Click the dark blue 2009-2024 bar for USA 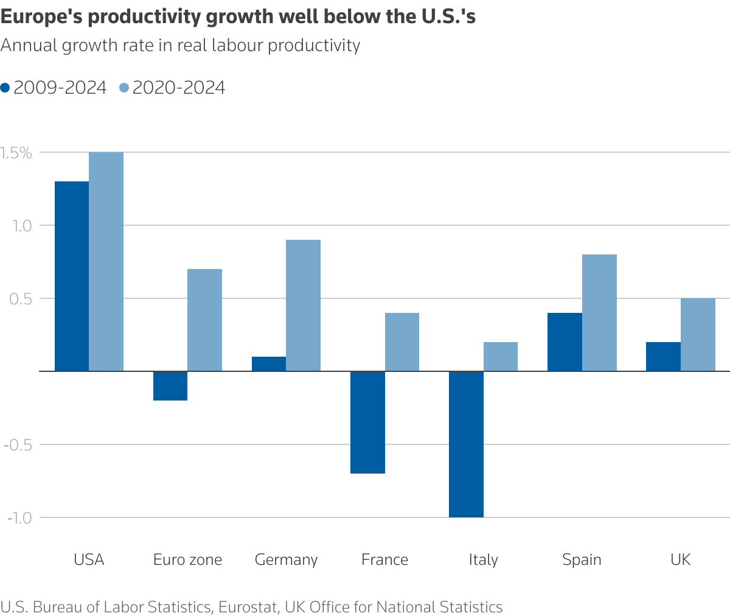click(x=72, y=276)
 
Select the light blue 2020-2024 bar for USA click(x=106, y=261)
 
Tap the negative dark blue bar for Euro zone click(x=170, y=386)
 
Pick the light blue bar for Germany click(x=303, y=305)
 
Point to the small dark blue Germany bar click(x=269, y=364)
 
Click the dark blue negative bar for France click(x=367, y=422)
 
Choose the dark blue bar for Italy click(x=466, y=444)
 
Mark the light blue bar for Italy click(x=501, y=357)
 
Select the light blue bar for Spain click(x=599, y=312)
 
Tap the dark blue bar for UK click(x=663, y=357)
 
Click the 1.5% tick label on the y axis click(x=16, y=153)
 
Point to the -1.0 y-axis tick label click(x=19, y=517)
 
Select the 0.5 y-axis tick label click(x=20, y=298)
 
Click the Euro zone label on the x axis click(x=187, y=559)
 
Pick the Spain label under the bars click(x=582, y=559)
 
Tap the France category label click(x=384, y=559)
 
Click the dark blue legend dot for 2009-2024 click(x=5, y=88)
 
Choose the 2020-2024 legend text click(x=178, y=88)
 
